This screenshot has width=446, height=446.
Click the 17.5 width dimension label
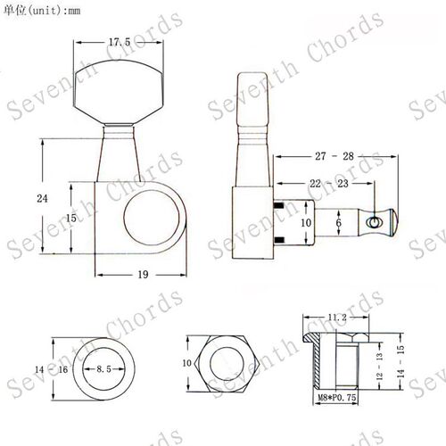pyautogui.click(x=120, y=42)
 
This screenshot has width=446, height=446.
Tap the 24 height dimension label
pyautogui.click(x=42, y=198)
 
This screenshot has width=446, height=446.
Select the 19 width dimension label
pyautogui.click(x=143, y=275)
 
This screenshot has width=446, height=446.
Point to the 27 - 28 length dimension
pyautogui.click(x=334, y=156)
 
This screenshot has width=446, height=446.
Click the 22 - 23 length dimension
pyautogui.click(x=329, y=184)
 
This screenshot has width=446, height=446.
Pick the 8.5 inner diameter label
pyautogui.click(x=103, y=369)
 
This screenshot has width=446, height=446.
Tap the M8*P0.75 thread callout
pyautogui.click(x=337, y=397)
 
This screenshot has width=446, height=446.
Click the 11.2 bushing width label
pyautogui.click(x=337, y=318)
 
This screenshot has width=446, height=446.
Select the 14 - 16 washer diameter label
pyautogui.click(x=52, y=369)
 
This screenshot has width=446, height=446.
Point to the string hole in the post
pyautogui.click(x=373, y=222)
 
